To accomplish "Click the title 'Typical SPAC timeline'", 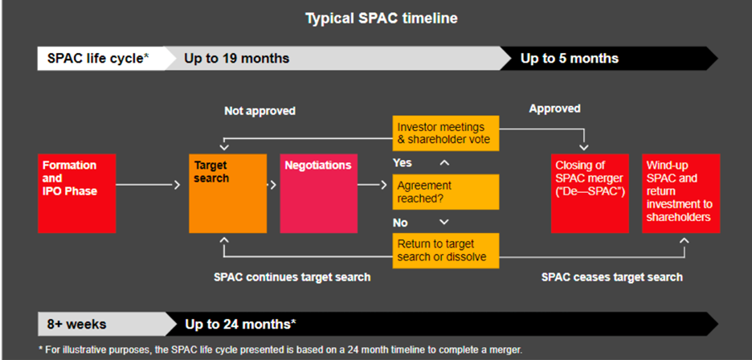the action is tap(382, 18).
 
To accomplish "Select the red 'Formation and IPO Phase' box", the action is tap(77, 194).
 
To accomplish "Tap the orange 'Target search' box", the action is tap(228, 194).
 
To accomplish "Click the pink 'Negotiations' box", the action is tap(318, 194).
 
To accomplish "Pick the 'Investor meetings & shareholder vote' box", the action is tap(446, 133).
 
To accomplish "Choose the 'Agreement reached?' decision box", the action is tap(446, 192).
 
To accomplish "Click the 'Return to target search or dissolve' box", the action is tap(446, 251).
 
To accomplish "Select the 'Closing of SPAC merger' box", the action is tap(590, 194).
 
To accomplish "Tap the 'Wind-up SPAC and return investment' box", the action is tap(681, 194).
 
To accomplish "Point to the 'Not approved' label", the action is tap(260, 111).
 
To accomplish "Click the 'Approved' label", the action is tap(555, 108).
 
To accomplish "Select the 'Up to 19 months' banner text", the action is tap(237, 59).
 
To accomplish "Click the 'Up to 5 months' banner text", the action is tap(570, 59).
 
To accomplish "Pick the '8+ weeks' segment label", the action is tap(77, 325).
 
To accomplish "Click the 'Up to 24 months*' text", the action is tap(241, 325).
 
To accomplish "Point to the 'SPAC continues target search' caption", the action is tap(292, 277).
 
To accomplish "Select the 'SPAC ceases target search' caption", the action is tap(612, 277).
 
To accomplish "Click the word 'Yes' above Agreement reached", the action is tap(403, 162).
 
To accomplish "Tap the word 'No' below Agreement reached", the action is tap(400, 223).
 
